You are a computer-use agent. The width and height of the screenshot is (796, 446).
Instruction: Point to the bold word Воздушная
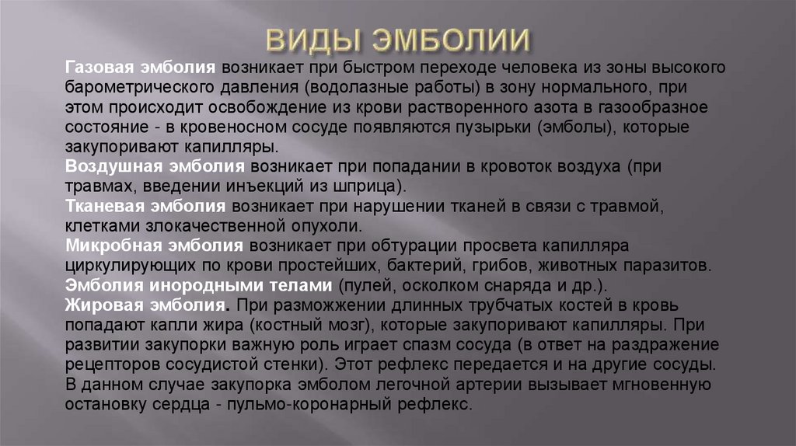(115, 166)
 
